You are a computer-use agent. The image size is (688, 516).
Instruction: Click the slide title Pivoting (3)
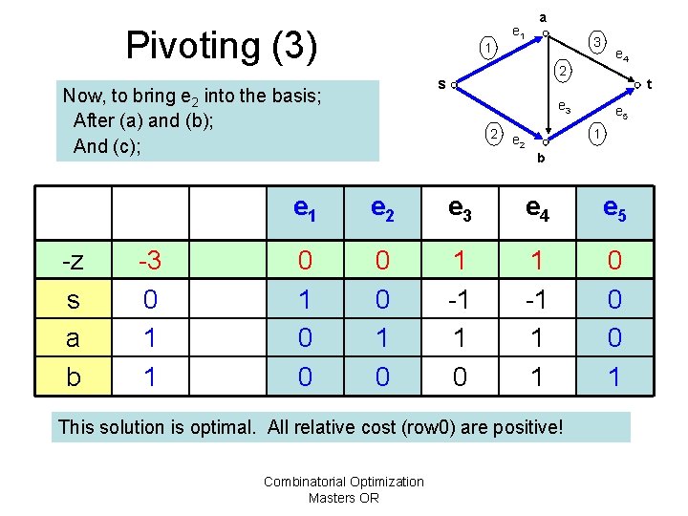[x=221, y=45]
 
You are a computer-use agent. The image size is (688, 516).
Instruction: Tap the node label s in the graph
[x=441, y=85]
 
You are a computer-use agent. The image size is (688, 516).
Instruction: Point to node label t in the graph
[x=649, y=85]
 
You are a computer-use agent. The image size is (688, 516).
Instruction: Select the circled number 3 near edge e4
[x=596, y=42]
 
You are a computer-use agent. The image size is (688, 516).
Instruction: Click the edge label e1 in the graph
[x=518, y=32]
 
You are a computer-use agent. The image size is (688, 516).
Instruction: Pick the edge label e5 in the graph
[x=621, y=113]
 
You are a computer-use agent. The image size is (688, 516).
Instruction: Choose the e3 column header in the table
[x=460, y=210]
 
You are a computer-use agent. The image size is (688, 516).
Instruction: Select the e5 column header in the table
[x=614, y=210]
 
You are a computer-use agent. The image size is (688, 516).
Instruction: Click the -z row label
[x=73, y=261]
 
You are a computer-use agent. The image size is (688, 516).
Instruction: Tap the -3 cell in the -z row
[x=149, y=261]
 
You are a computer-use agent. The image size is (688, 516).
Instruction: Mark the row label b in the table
[x=73, y=376]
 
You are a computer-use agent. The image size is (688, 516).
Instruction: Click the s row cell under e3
[x=460, y=300]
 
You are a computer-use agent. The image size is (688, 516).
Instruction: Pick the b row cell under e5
[x=614, y=376]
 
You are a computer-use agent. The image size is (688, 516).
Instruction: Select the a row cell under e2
[x=382, y=338]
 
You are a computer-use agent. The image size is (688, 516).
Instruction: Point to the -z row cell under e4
[x=537, y=261]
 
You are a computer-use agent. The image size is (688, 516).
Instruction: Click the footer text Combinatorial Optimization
[x=344, y=482]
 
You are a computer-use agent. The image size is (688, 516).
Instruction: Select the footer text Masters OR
[x=344, y=497]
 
